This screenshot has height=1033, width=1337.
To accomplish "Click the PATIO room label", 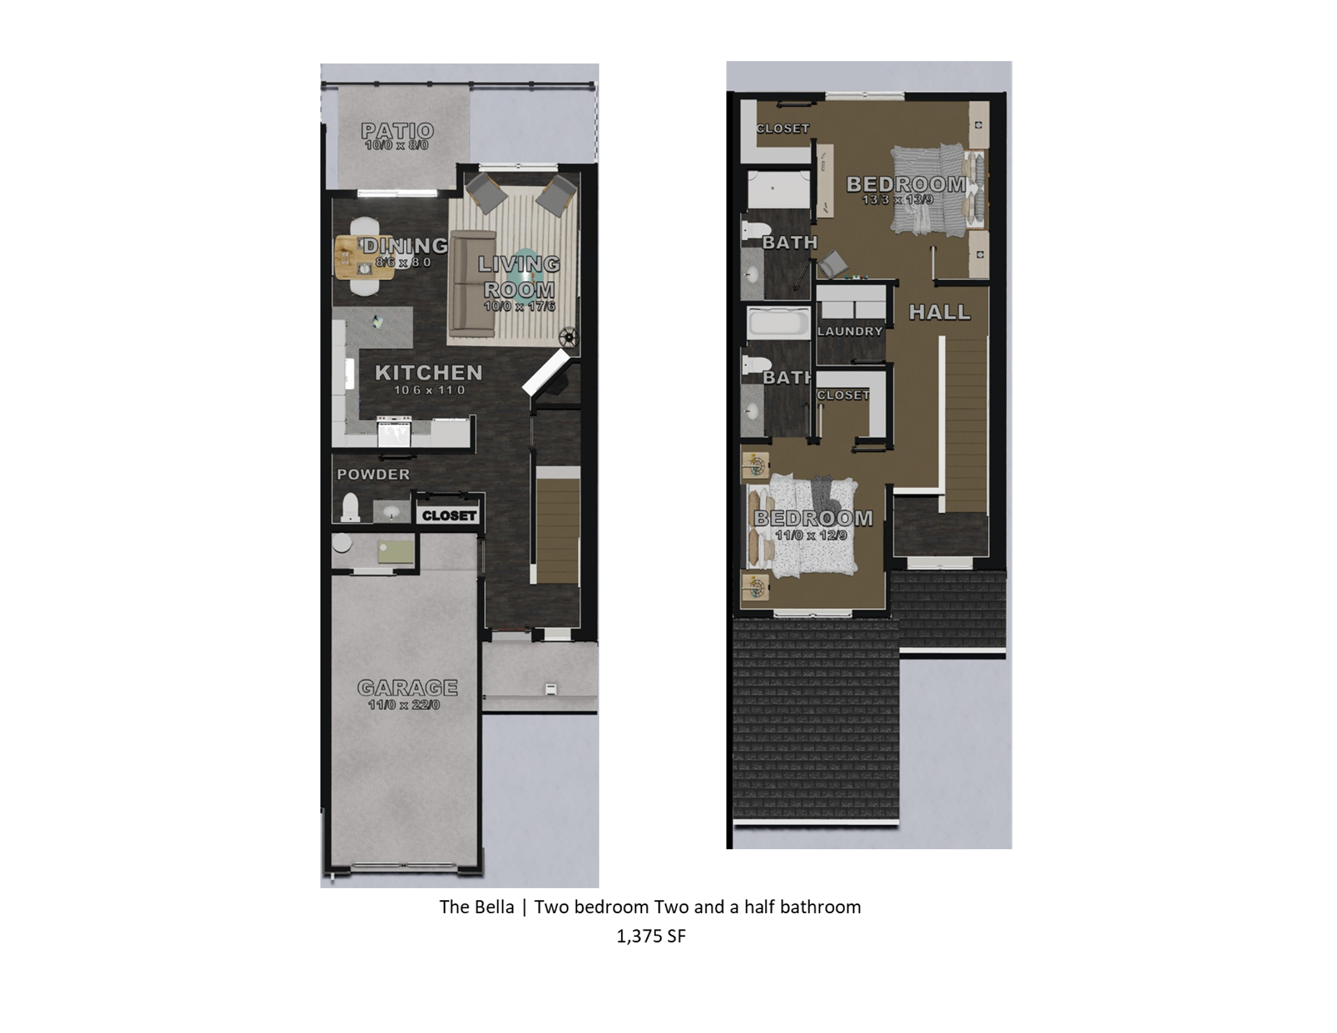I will pyautogui.click(x=397, y=130).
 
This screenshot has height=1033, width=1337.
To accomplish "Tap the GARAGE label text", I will pyautogui.click(x=407, y=688).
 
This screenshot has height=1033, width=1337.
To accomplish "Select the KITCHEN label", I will pyautogui.click(x=428, y=372).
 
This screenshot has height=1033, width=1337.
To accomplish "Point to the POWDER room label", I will pyautogui.click(x=373, y=474).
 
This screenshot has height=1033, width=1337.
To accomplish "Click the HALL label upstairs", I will pyautogui.click(x=939, y=312).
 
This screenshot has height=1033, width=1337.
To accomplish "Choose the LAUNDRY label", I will pyautogui.click(x=850, y=331).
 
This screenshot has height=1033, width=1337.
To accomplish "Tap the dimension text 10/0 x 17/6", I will pyautogui.click(x=519, y=306).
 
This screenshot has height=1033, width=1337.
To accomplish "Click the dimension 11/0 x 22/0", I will pyautogui.click(x=404, y=705).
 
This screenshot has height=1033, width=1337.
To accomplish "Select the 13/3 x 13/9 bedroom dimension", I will pyautogui.click(x=898, y=200).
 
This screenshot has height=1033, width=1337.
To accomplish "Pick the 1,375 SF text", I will pyautogui.click(x=650, y=936).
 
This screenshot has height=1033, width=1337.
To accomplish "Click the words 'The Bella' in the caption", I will pyautogui.click(x=476, y=907).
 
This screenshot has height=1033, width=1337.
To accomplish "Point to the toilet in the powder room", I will pyautogui.click(x=350, y=508).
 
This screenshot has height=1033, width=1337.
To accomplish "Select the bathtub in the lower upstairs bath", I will pyautogui.click(x=779, y=323).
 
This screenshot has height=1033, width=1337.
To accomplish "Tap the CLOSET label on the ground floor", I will pyautogui.click(x=449, y=516).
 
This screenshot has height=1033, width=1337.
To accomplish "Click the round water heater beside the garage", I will pyautogui.click(x=342, y=543).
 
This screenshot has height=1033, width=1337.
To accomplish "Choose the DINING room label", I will pyautogui.click(x=405, y=245).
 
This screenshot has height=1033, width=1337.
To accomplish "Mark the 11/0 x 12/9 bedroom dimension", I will pyautogui.click(x=811, y=535).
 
